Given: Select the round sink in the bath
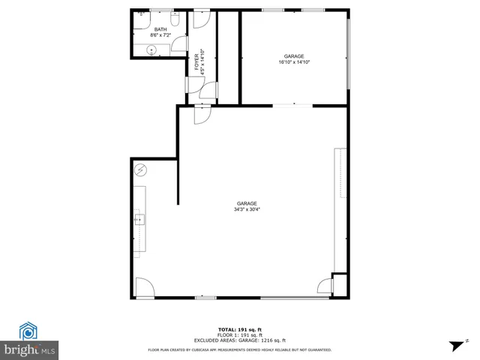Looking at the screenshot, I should pos(151,49).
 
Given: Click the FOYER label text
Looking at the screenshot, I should pos(197,61).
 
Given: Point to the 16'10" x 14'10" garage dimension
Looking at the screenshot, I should pos(293,62).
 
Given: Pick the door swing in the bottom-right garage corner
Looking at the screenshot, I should pos(325,286).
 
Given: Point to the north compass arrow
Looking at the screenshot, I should pos(454,345).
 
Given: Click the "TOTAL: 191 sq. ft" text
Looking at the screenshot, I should pos(239,329).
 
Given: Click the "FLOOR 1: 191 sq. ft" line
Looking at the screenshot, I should pos(239,334).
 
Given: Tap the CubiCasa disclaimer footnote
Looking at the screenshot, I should pos(240,349).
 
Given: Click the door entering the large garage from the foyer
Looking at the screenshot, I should pos(202,114).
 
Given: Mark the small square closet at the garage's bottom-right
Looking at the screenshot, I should pos(340,286).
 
